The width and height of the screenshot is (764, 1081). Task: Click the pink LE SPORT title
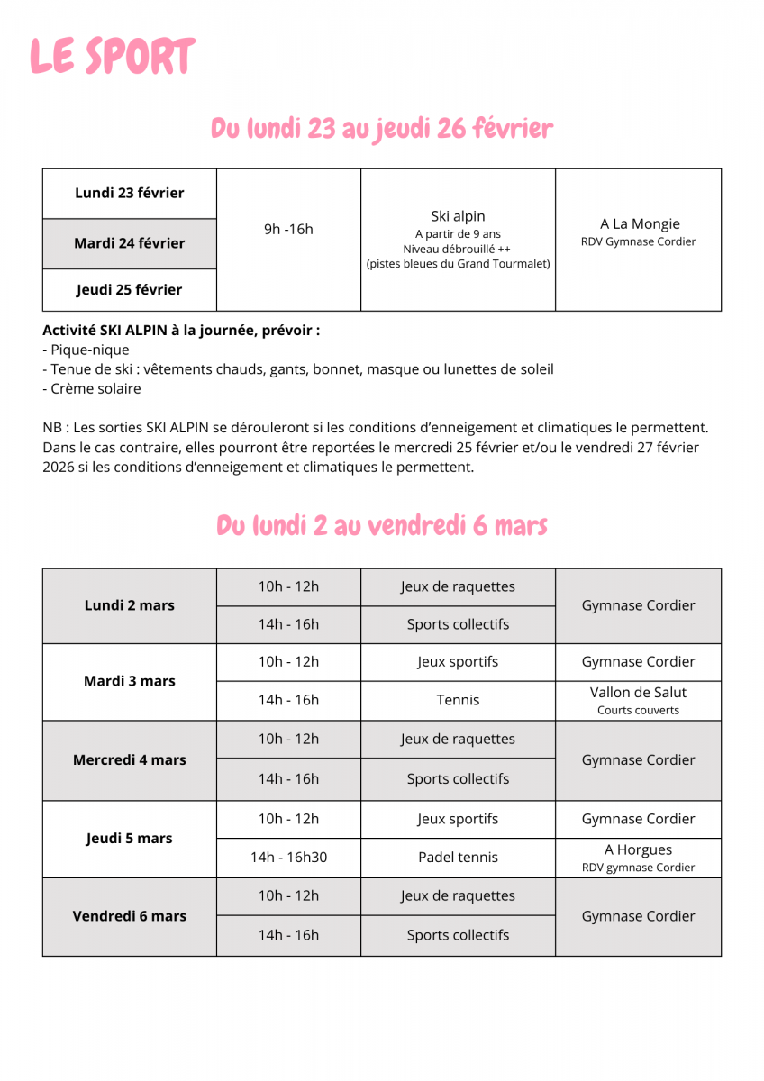click(x=112, y=57)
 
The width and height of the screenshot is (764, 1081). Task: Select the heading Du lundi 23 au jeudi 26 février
click(x=382, y=129)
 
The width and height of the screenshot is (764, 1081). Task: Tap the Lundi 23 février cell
click(x=129, y=193)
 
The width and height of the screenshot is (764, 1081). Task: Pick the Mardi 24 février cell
click(x=129, y=243)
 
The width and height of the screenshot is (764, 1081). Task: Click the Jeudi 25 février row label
click(x=129, y=290)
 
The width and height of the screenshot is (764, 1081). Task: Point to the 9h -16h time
click(x=288, y=229)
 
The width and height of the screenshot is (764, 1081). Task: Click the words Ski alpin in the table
click(x=458, y=216)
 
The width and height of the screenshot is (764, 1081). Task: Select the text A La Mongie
click(x=640, y=223)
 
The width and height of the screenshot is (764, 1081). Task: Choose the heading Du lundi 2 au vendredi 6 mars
click(x=382, y=525)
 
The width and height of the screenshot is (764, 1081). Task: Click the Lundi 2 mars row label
click(x=129, y=605)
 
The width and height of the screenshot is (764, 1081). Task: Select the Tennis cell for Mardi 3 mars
click(x=458, y=700)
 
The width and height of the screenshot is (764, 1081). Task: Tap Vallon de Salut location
click(x=638, y=693)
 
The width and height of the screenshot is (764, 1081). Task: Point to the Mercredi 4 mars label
click(x=129, y=760)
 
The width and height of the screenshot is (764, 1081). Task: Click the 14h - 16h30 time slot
click(x=288, y=858)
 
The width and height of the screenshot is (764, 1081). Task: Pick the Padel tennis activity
click(x=458, y=858)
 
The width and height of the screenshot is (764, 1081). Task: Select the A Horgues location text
click(x=638, y=849)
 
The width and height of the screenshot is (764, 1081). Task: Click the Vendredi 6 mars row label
click(x=129, y=916)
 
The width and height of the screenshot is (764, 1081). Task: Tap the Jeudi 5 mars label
click(x=129, y=839)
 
